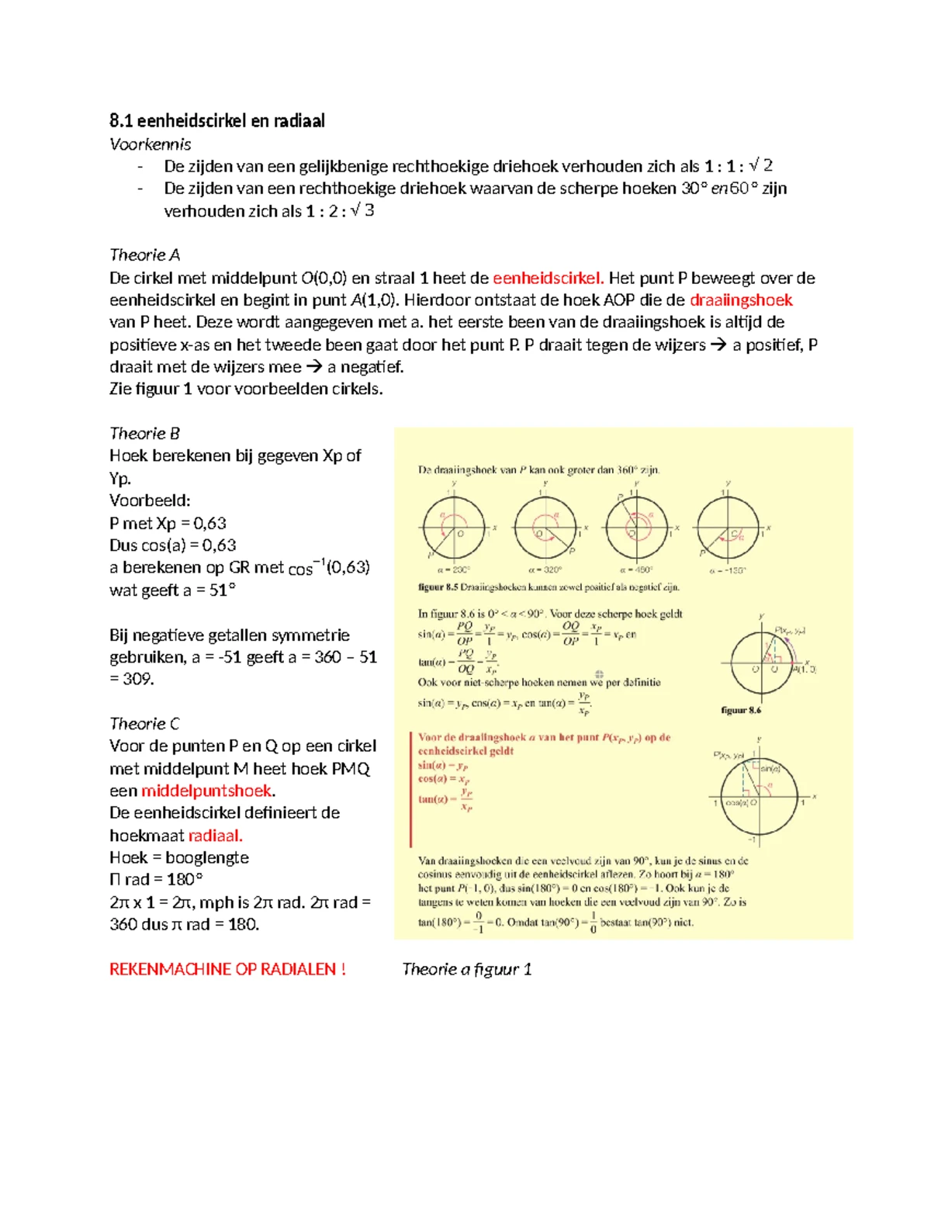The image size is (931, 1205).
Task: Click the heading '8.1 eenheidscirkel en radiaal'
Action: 217,120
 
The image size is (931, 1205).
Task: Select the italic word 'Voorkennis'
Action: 150,144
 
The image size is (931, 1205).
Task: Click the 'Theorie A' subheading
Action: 144,255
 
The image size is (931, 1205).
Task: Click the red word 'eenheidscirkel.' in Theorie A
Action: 548,278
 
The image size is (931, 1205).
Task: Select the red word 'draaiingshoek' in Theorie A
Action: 740,300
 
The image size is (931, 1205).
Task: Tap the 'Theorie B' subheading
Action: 144,433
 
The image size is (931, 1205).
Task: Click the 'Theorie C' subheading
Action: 144,723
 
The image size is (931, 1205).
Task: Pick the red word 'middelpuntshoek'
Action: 207,791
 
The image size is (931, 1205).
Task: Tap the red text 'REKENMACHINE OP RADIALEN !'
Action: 227,969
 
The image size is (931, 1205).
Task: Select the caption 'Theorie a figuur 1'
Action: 467,969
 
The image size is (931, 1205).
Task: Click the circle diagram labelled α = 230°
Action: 453,528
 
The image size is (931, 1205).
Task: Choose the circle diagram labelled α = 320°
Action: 545,528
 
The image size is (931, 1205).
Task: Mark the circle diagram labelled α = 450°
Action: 636,528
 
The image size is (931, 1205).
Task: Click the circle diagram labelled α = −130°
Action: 727,528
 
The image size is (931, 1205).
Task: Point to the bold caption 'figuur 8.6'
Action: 741,710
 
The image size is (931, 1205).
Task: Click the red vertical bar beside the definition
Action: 410,788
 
